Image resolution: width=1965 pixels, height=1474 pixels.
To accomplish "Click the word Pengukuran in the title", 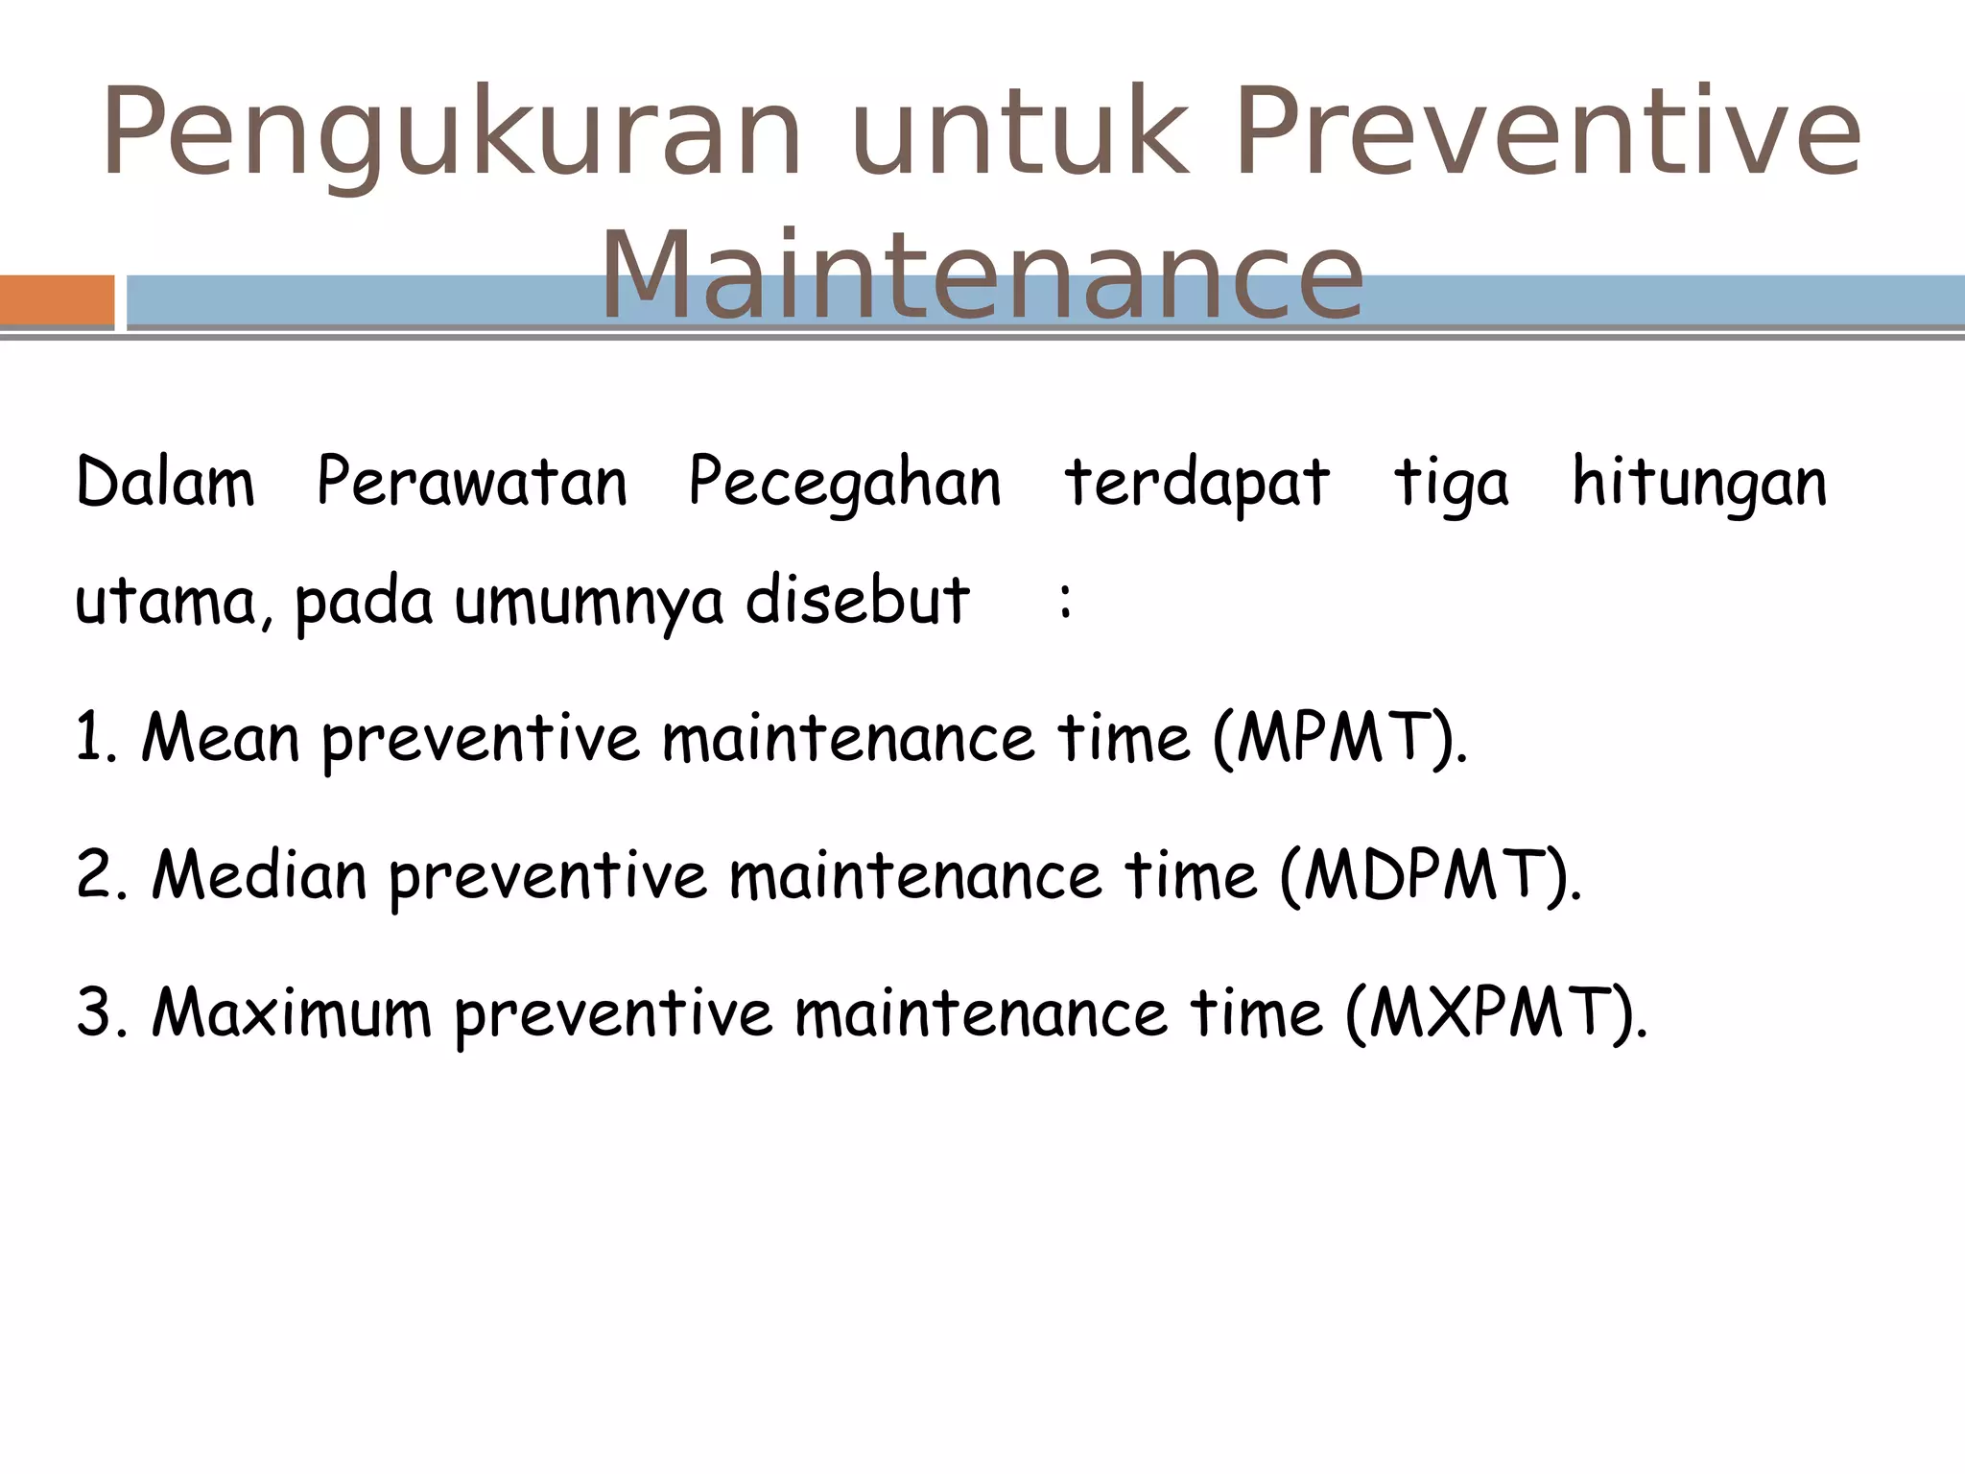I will [451, 134].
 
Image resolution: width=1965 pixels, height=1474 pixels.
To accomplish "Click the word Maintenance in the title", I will [981, 278].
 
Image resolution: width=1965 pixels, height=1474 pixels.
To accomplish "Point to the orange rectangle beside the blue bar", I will [57, 300].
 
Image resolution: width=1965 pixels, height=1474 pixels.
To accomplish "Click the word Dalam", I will [165, 482].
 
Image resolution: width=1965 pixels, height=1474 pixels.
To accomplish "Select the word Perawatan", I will [472, 482].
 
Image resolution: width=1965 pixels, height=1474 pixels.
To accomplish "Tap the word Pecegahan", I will [844, 484].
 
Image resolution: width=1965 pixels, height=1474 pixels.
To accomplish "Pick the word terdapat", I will [1196, 484].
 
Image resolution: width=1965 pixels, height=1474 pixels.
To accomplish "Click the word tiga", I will [1451, 484].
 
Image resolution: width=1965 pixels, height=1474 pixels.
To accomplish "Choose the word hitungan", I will [1699, 484].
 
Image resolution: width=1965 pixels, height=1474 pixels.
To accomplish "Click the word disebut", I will [857, 601].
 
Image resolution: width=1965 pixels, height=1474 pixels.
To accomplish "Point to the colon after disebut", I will [1065, 601].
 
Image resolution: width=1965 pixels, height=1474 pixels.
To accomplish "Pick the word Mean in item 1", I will [221, 739].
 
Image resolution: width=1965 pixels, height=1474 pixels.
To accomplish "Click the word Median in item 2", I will [259, 876].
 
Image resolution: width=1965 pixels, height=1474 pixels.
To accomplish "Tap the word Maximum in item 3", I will [292, 1013].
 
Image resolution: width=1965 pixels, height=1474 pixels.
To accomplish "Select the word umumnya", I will [588, 603].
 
